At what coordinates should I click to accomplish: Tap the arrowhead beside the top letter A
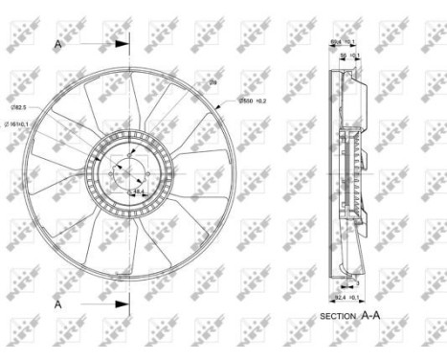coord(122,42)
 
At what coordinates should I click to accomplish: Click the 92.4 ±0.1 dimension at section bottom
coord(346,298)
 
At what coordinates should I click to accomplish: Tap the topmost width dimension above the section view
coord(342,42)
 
